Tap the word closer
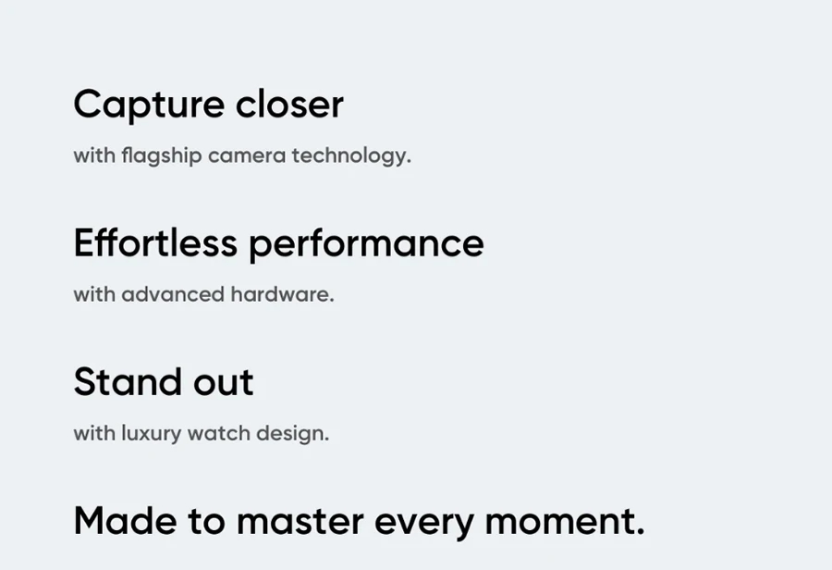[289, 104]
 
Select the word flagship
[161, 156]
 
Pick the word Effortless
[155, 242]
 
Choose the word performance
[366, 245]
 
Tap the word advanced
[173, 294]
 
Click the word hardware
[282, 294]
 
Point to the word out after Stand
[224, 383]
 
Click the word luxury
[152, 434]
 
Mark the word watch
[219, 433]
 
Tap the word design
[293, 434]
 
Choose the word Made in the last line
[125, 521]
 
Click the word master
[300, 522]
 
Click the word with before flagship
[94, 155]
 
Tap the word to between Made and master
[206, 522]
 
